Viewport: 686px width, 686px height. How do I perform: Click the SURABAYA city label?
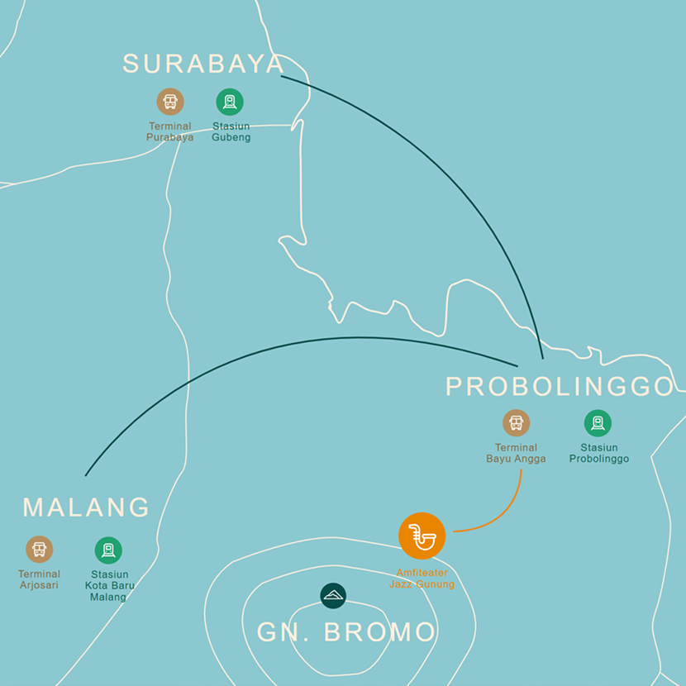[x=203, y=64]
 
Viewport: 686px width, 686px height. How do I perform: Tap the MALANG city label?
[x=86, y=507]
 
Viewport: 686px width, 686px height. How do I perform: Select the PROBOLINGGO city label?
[x=560, y=386]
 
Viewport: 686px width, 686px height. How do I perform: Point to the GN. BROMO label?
[x=346, y=632]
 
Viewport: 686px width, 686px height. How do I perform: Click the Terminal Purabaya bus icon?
[x=170, y=102]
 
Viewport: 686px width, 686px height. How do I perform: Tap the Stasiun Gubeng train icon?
[x=230, y=102]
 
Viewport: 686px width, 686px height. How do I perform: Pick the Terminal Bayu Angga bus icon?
[x=517, y=423]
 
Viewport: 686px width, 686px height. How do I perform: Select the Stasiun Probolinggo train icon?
[x=598, y=423]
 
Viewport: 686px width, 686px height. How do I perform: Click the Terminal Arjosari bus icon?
[x=39, y=550]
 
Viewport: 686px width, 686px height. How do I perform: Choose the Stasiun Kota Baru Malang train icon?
[x=108, y=550]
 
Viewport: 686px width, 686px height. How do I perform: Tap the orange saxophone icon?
[x=422, y=536]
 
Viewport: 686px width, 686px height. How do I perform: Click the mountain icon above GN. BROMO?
[x=333, y=595]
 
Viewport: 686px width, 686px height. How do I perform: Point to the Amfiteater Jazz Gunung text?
[x=422, y=579]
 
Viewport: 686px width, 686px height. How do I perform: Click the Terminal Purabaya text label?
[x=170, y=132]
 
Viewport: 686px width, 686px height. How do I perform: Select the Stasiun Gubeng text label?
[x=231, y=132]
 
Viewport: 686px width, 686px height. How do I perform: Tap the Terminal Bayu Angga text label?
[x=516, y=454]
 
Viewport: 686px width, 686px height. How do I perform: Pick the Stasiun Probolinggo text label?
[x=598, y=454]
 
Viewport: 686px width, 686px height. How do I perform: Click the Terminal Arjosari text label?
[x=39, y=579]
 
